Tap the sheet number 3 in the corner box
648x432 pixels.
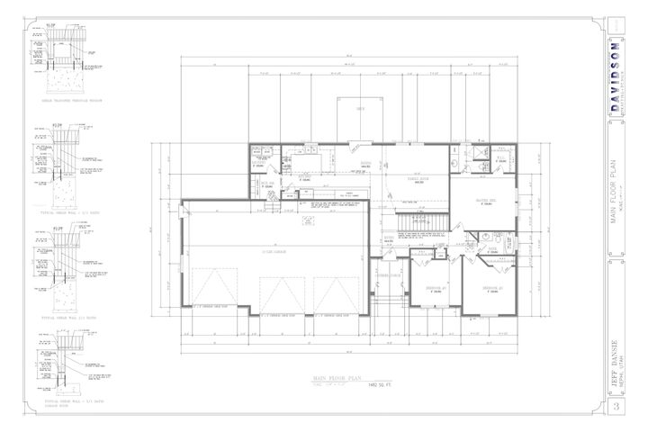tap(616, 409)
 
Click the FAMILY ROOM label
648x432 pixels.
tap(415, 179)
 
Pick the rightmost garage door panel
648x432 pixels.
tap(337, 292)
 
